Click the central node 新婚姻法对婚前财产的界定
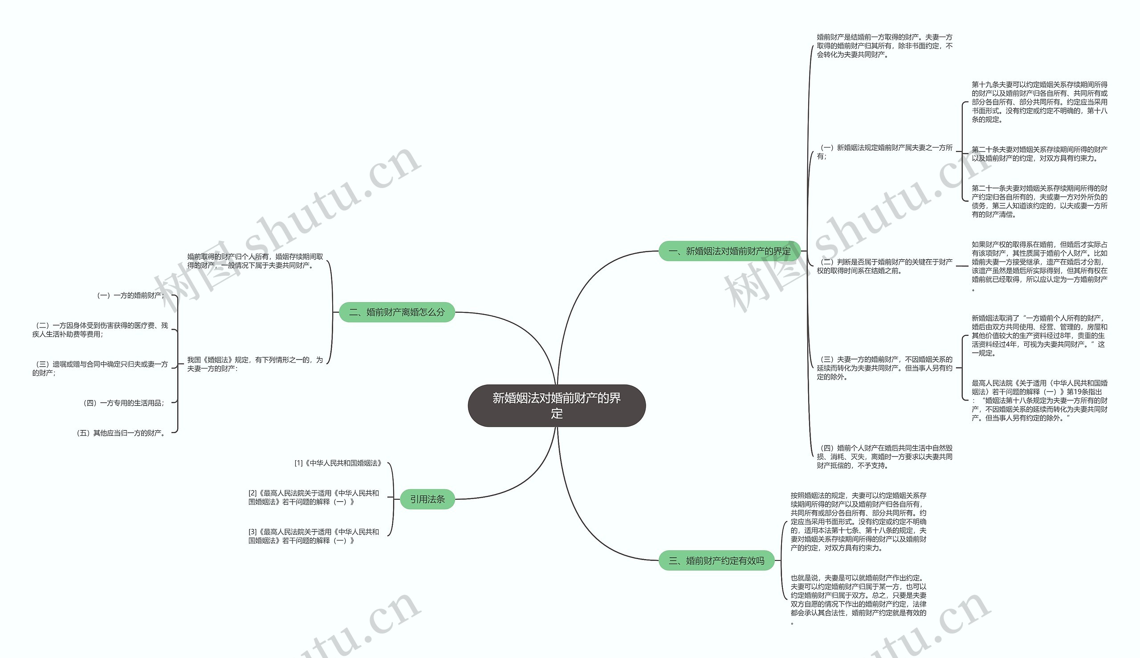click(557, 405)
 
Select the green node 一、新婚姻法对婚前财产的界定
click(729, 251)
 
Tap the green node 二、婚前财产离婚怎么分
click(397, 312)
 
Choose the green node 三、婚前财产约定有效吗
click(717, 561)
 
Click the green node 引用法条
click(427, 499)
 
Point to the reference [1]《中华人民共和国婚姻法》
click(338, 463)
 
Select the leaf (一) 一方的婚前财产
click(130, 295)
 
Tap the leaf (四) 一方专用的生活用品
click(124, 403)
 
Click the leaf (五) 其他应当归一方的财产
click(121, 433)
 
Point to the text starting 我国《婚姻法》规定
click(255, 364)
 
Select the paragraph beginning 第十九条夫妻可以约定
click(1039, 102)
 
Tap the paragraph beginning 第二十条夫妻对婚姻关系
click(1039, 154)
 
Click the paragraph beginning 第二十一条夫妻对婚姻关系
click(1039, 201)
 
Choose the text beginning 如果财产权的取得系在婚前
click(1039, 266)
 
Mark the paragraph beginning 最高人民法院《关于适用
click(1039, 401)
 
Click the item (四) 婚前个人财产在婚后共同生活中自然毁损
click(884, 457)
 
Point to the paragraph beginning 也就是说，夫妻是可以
click(858, 600)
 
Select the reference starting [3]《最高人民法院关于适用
click(313, 536)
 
